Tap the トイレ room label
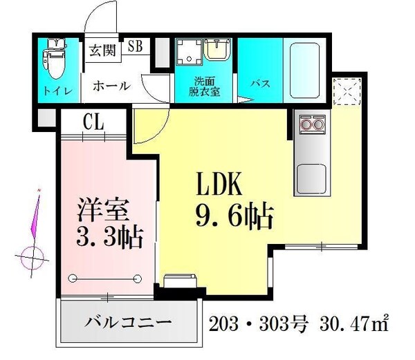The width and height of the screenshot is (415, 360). [55, 90]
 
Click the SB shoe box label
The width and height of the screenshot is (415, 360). [136, 47]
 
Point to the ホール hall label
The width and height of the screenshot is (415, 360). [111, 86]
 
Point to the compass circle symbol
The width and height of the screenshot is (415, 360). [30, 260]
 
